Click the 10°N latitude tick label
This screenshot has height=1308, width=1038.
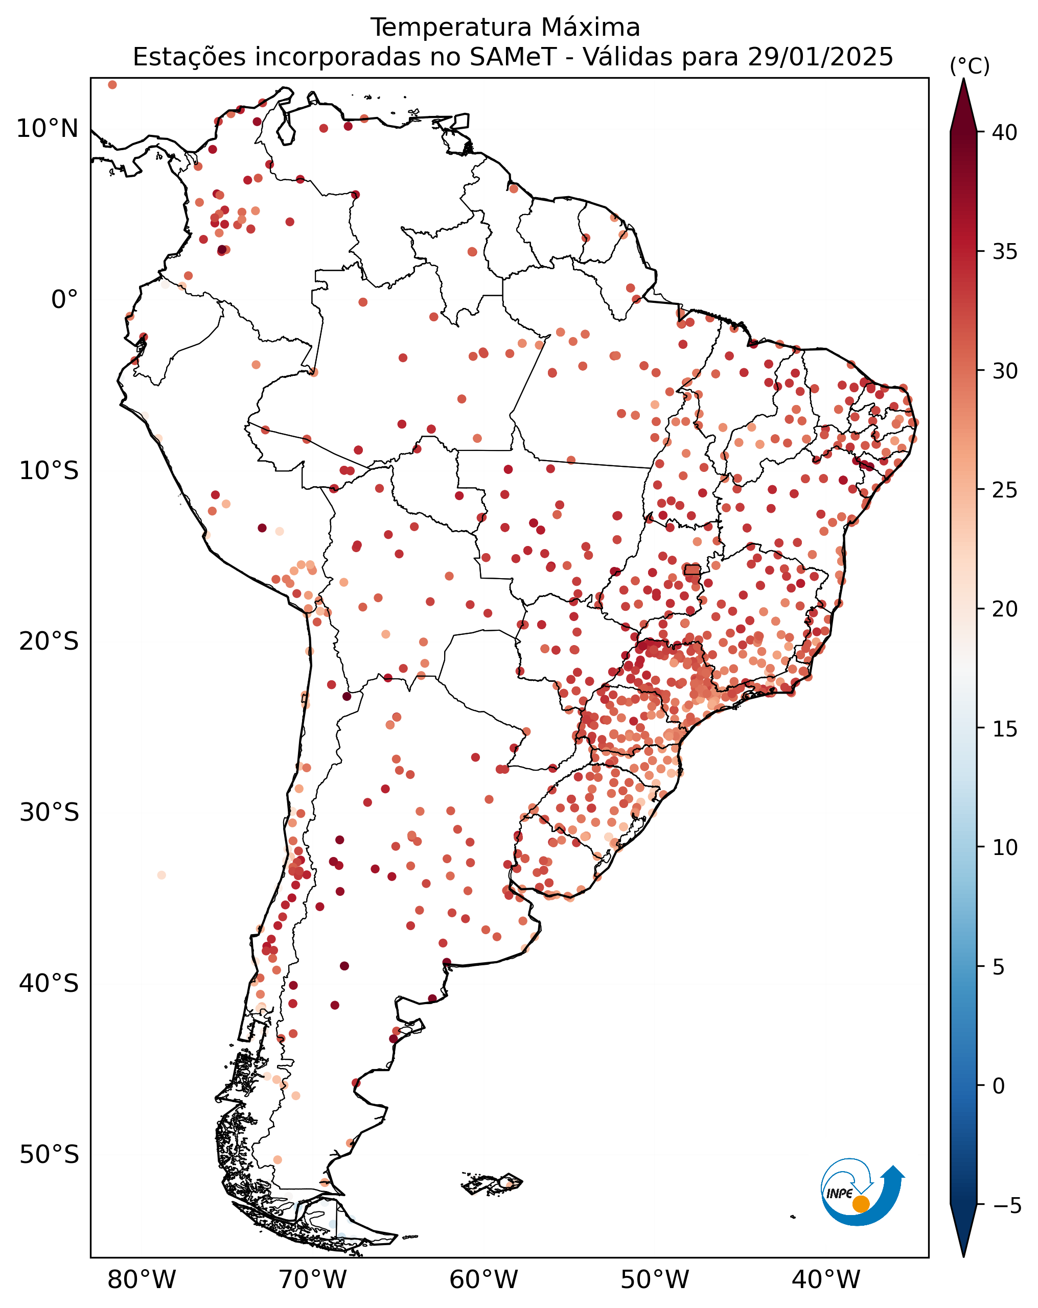[48, 129]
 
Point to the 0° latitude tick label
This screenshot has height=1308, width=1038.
[64, 300]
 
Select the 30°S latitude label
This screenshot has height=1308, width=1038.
[49, 813]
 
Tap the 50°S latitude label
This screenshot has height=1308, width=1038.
[49, 1154]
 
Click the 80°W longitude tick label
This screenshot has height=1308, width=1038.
[142, 1279]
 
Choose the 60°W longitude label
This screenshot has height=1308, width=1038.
[484, 1279]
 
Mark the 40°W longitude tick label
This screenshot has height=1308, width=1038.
[826, 1279]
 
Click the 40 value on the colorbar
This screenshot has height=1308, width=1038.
[1005, 132]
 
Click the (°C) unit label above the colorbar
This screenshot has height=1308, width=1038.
[970, 65]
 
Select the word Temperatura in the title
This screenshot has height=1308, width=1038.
[452, 27]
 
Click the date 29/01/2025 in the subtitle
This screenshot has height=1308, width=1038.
[820, 57]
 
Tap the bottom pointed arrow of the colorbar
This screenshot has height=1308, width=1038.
[963, 1230]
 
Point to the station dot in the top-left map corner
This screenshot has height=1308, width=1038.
[112, 85]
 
